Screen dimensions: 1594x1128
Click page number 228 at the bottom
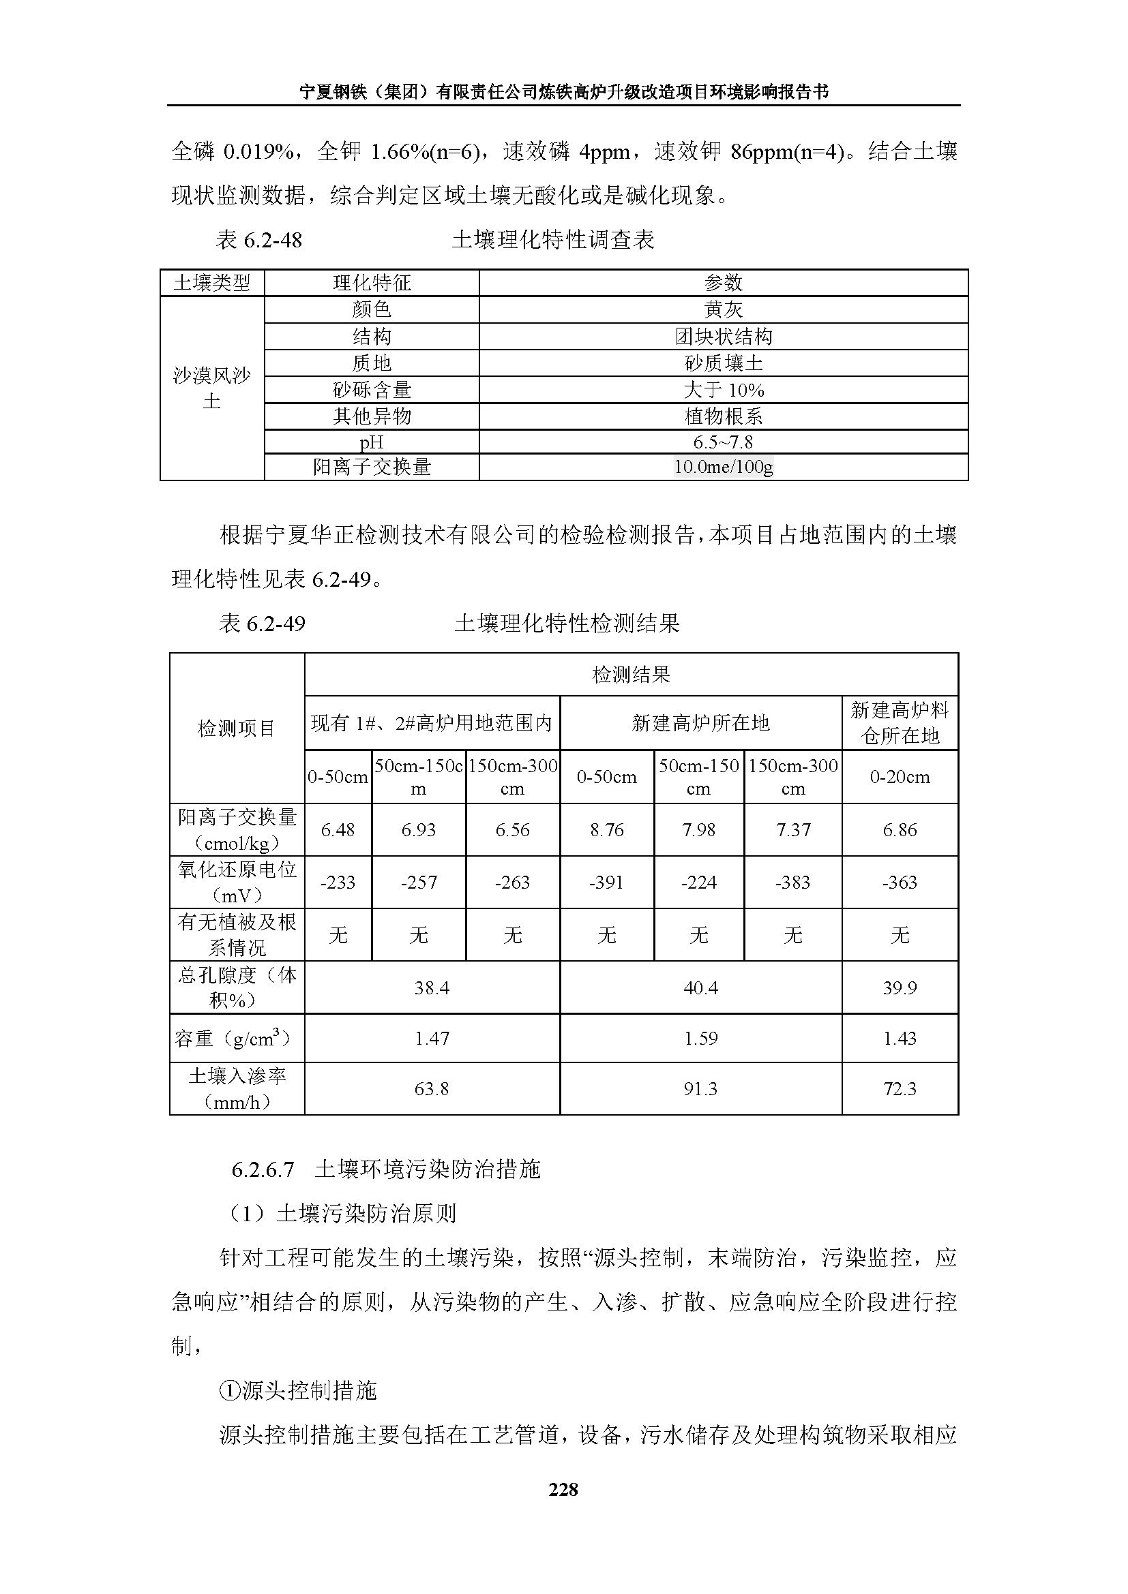pyautogui.click(x=563, y=1490)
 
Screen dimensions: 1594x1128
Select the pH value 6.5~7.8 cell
pyautogui.click(x=722, y=442)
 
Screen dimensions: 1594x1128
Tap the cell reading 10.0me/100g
pyautogui.click(x=722, y=468)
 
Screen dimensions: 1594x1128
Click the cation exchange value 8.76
pyautogui.click(x=606, y=830)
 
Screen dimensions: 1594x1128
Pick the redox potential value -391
pyautogui.click(x=606, y=883)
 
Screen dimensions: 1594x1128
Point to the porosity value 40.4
pyautogui.click(x=700, y=988)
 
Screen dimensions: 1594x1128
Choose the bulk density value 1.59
pyautogui.click(x=700, y=1039)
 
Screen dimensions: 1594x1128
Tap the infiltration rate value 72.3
pyautogui.click(x=900, y=1088)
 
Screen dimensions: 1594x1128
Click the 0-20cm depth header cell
pyautogui.click(x=900, y=778)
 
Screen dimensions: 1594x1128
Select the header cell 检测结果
pyautogui.click(x=631, y=675)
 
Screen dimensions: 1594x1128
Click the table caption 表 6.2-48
pyautogui.click(x=259, y=240)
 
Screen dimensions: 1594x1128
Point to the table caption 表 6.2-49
pyautogui.click(x=262, y=624)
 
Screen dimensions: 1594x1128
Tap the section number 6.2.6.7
pyautogui.click(x=263, y=1170)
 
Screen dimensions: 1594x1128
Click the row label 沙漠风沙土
pyautogui.click(x=212, y=388)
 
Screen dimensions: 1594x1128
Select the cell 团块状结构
pyautogui.click(x=722, y=337)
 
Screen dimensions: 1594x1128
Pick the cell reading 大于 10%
pyautogui.click(x=722, y=390)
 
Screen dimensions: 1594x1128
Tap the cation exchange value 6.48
pyautogui.click(x=338, y=830)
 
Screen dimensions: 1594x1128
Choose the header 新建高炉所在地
pyautogui.click(x=700, y=724)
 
